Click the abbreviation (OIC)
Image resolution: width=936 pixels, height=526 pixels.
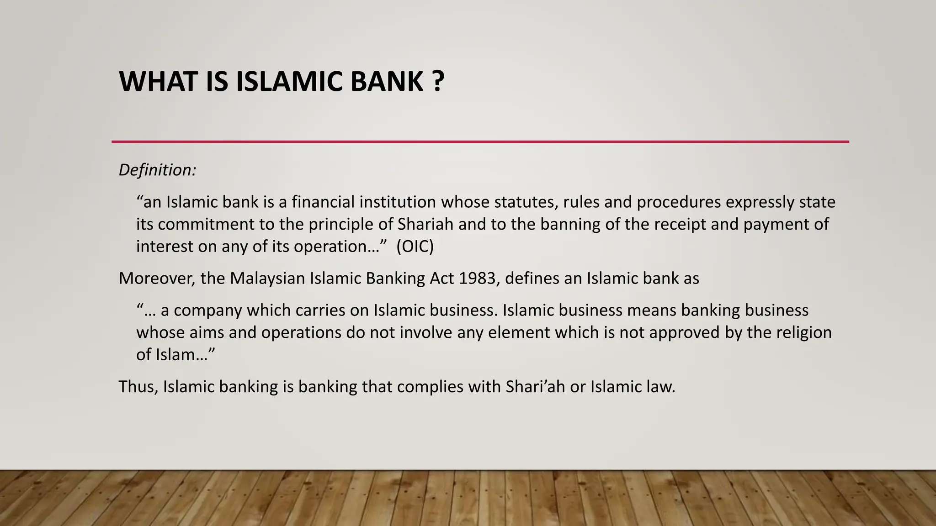coord(415,247)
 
